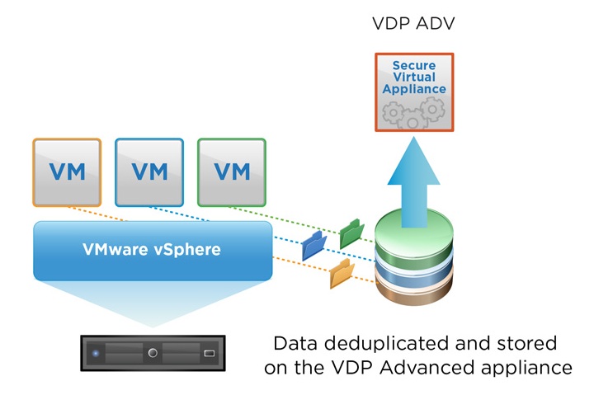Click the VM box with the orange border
[x=67, y=172]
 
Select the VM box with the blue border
[x=149, y=172]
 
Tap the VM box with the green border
[x=232, y=172]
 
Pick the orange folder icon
[x=341, y=274]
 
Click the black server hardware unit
[x=153, y=352]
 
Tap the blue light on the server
[x=96, y=353]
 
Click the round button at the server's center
[x=153, y=353]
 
